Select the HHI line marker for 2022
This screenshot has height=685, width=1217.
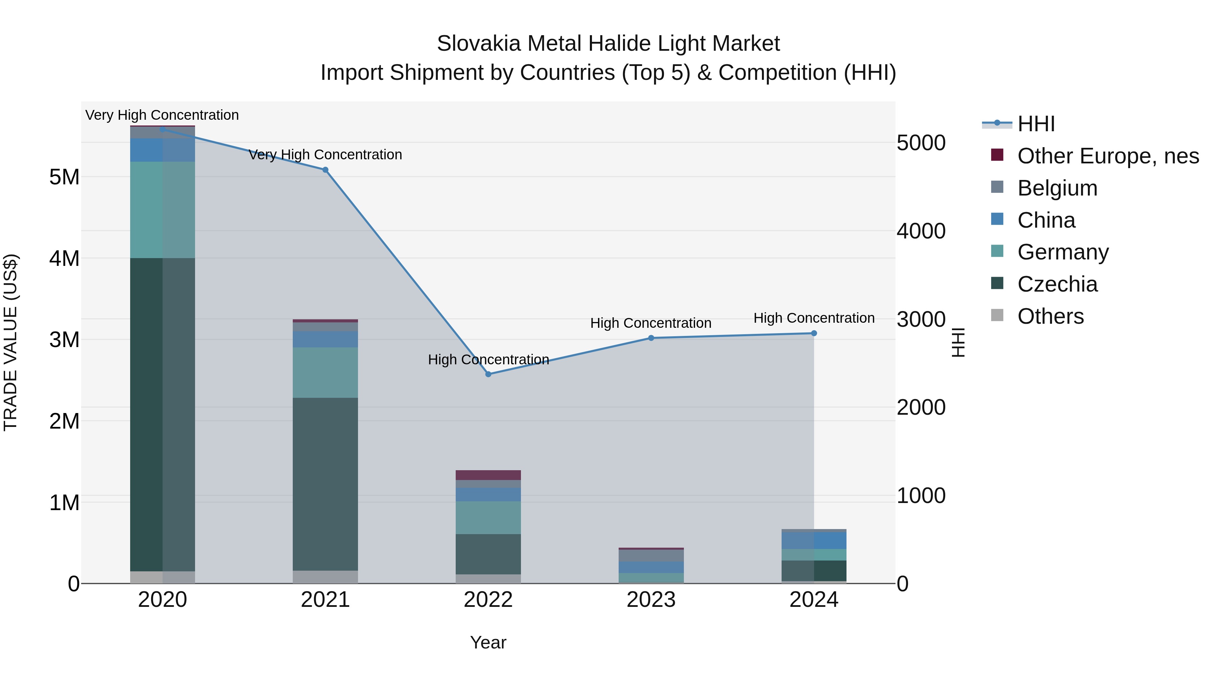[488, 374]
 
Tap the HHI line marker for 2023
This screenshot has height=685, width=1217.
[651, 338]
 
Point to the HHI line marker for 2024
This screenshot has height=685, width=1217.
[814, 333]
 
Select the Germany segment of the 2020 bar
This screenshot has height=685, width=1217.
[163, 209]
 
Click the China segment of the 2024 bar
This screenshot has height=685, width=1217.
[814, 540]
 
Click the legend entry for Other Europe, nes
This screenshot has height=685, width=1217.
[1108, 156]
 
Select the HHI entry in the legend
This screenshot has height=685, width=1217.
[1035, 124]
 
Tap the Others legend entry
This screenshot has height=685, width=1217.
[1050, 316]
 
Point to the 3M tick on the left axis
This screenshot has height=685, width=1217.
[64, 339]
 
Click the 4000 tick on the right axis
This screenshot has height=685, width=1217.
[921, 231]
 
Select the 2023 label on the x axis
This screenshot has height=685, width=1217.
[651, 600]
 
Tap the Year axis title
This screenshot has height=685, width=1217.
[488, 642]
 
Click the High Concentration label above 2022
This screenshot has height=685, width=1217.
[488, 360]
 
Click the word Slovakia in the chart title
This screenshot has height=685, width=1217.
[479, 44]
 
